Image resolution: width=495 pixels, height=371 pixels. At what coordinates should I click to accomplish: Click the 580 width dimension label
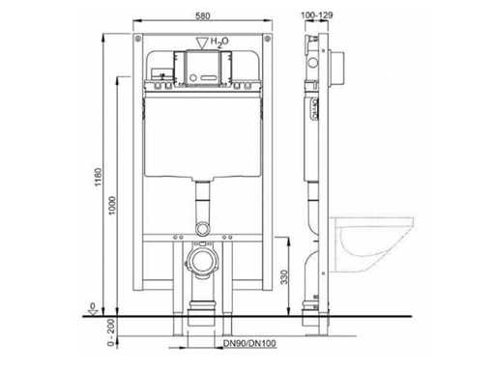pyautogui.click(x=203, y=15)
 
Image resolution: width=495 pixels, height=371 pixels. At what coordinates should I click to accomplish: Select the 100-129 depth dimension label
pyautogui.click(x=317, y=14)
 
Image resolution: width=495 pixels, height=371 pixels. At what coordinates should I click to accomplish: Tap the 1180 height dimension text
pyautogui.click(x=99, y=176)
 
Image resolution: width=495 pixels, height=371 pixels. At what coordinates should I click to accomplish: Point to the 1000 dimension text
pyautogui.click(x=112, y=206)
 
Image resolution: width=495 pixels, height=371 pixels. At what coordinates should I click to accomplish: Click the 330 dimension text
pyautogui.click(x=284, y=277)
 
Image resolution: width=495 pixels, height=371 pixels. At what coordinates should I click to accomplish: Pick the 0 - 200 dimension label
pyautogui.click(x=111, y=332)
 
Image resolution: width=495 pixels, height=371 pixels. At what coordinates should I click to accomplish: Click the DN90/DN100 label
pyautogui.click(x=249, y=343)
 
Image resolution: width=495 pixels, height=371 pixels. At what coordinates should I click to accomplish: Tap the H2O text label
pyautogui.click(x=219, y=42)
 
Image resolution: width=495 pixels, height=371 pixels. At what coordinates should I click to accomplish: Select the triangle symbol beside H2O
pyautogui.click(x=202, y=43)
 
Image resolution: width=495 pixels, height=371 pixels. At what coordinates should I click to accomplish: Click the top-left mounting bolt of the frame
pyautogui.click(x=138, y=39)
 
